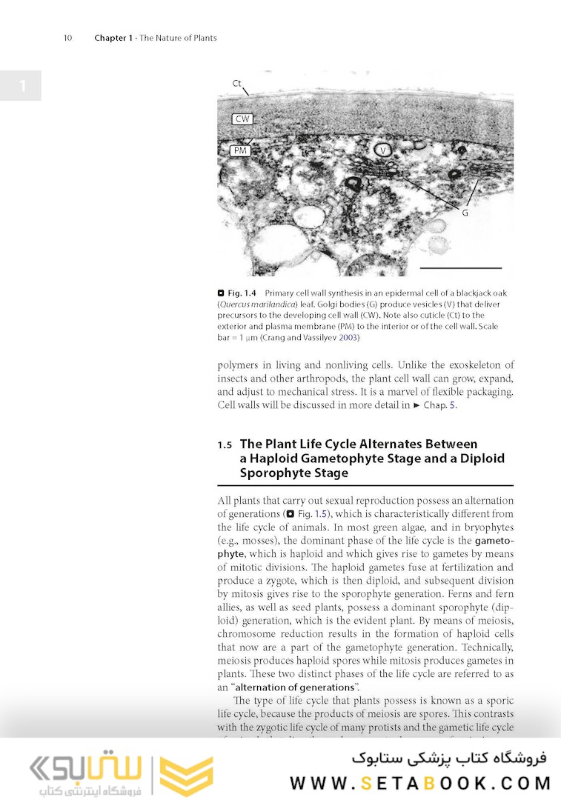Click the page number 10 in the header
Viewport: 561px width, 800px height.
(x=67, y=38)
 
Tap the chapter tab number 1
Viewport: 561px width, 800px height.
(x=21, y=86)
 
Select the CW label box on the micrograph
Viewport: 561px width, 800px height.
(x=242, y=119)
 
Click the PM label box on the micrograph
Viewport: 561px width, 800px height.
(x=239, y=150)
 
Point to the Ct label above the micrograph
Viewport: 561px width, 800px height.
(x=237, y=83)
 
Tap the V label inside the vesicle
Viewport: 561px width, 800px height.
(x=383, y=150)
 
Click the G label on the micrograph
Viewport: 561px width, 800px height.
(x=465, y=213)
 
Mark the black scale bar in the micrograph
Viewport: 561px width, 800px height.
(x=460, y=267)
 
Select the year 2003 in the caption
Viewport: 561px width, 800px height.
(x=348, y=338)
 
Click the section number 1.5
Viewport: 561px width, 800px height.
(x=225, y=445)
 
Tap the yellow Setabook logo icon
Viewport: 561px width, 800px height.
(x=186, y=776)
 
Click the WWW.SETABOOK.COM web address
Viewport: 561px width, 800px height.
(x=420, y=783)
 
